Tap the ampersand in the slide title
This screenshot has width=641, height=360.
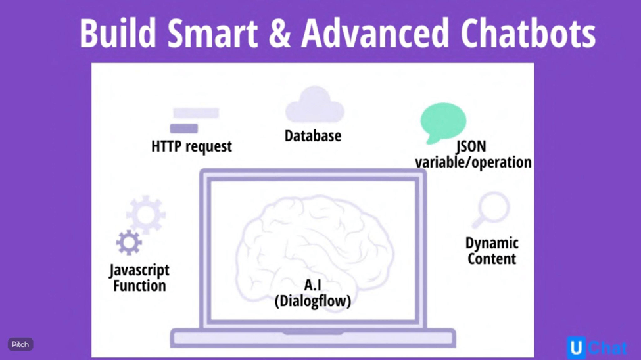click(279, 33)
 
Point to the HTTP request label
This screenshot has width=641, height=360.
click(191, 146)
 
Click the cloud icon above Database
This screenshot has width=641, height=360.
click(315, 105)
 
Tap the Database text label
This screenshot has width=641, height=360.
click(313, 136)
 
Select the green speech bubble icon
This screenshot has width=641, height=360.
click(443, 122)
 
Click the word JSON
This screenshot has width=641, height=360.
click(471, 146)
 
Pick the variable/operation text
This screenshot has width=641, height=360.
click(473, 162)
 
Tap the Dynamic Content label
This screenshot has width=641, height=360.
click(492, 251)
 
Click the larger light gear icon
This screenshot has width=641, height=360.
click(146, 214)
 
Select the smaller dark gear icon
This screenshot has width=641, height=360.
click(129, 242)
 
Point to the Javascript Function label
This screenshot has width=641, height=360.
click(139, 278)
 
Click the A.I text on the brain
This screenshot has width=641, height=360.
click(313, 285)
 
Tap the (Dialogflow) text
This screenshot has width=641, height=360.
click(313, 301)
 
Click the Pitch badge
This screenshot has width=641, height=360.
click(20, 344)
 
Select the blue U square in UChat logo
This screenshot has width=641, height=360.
click(576, 348)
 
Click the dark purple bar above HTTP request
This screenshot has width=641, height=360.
click(184, 128)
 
